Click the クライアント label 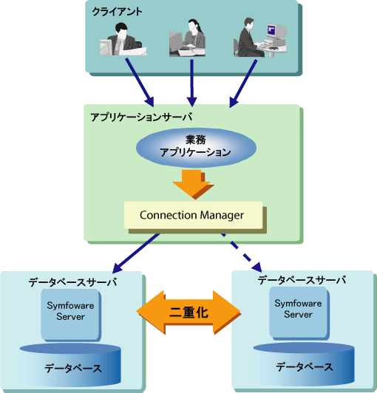coord(117,12)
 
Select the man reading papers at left coord(123,39)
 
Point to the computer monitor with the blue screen coord(276,31)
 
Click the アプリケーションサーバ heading coord(141,117)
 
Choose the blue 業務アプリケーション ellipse coord(196,148)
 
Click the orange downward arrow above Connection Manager coord(193,184)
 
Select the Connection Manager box coord(193,215)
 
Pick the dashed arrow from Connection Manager coord(242,253)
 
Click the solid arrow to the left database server coord(136,253)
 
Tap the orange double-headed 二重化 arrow coord(188,312)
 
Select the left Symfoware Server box coord(70,314)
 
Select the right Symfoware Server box coord(298,312)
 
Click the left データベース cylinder coord(70,365)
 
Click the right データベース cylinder coord(304,364)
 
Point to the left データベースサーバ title coord(72,282)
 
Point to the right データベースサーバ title coord(302,280)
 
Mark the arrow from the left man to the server coord(140,83)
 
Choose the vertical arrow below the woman coord(192,83)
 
